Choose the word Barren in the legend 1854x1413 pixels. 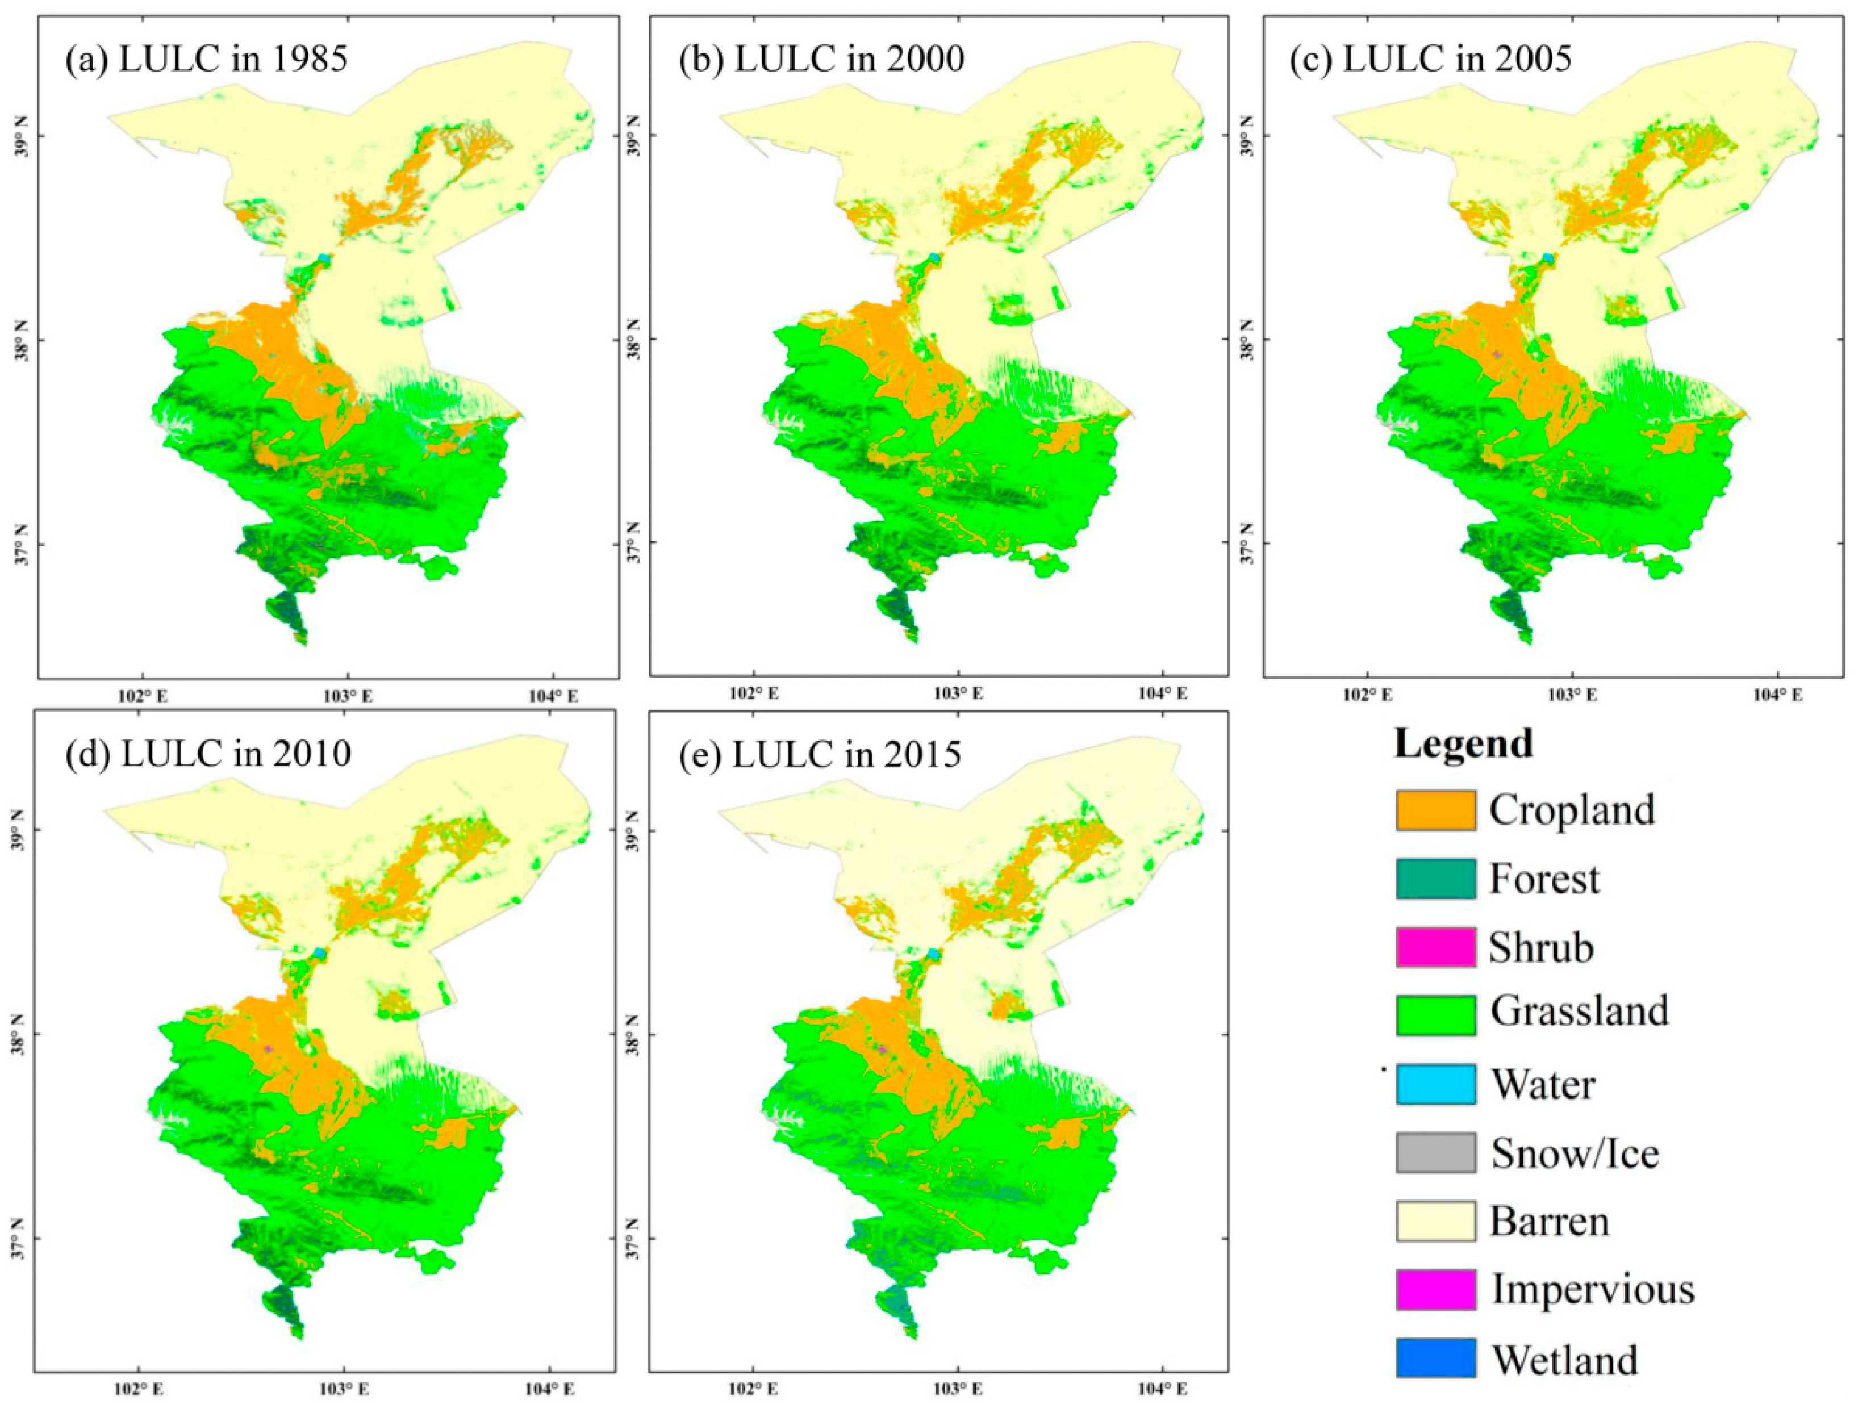point(1550,1221)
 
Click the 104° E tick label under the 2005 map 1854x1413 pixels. point(1777,696)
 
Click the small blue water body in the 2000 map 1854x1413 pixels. point(936,257)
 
